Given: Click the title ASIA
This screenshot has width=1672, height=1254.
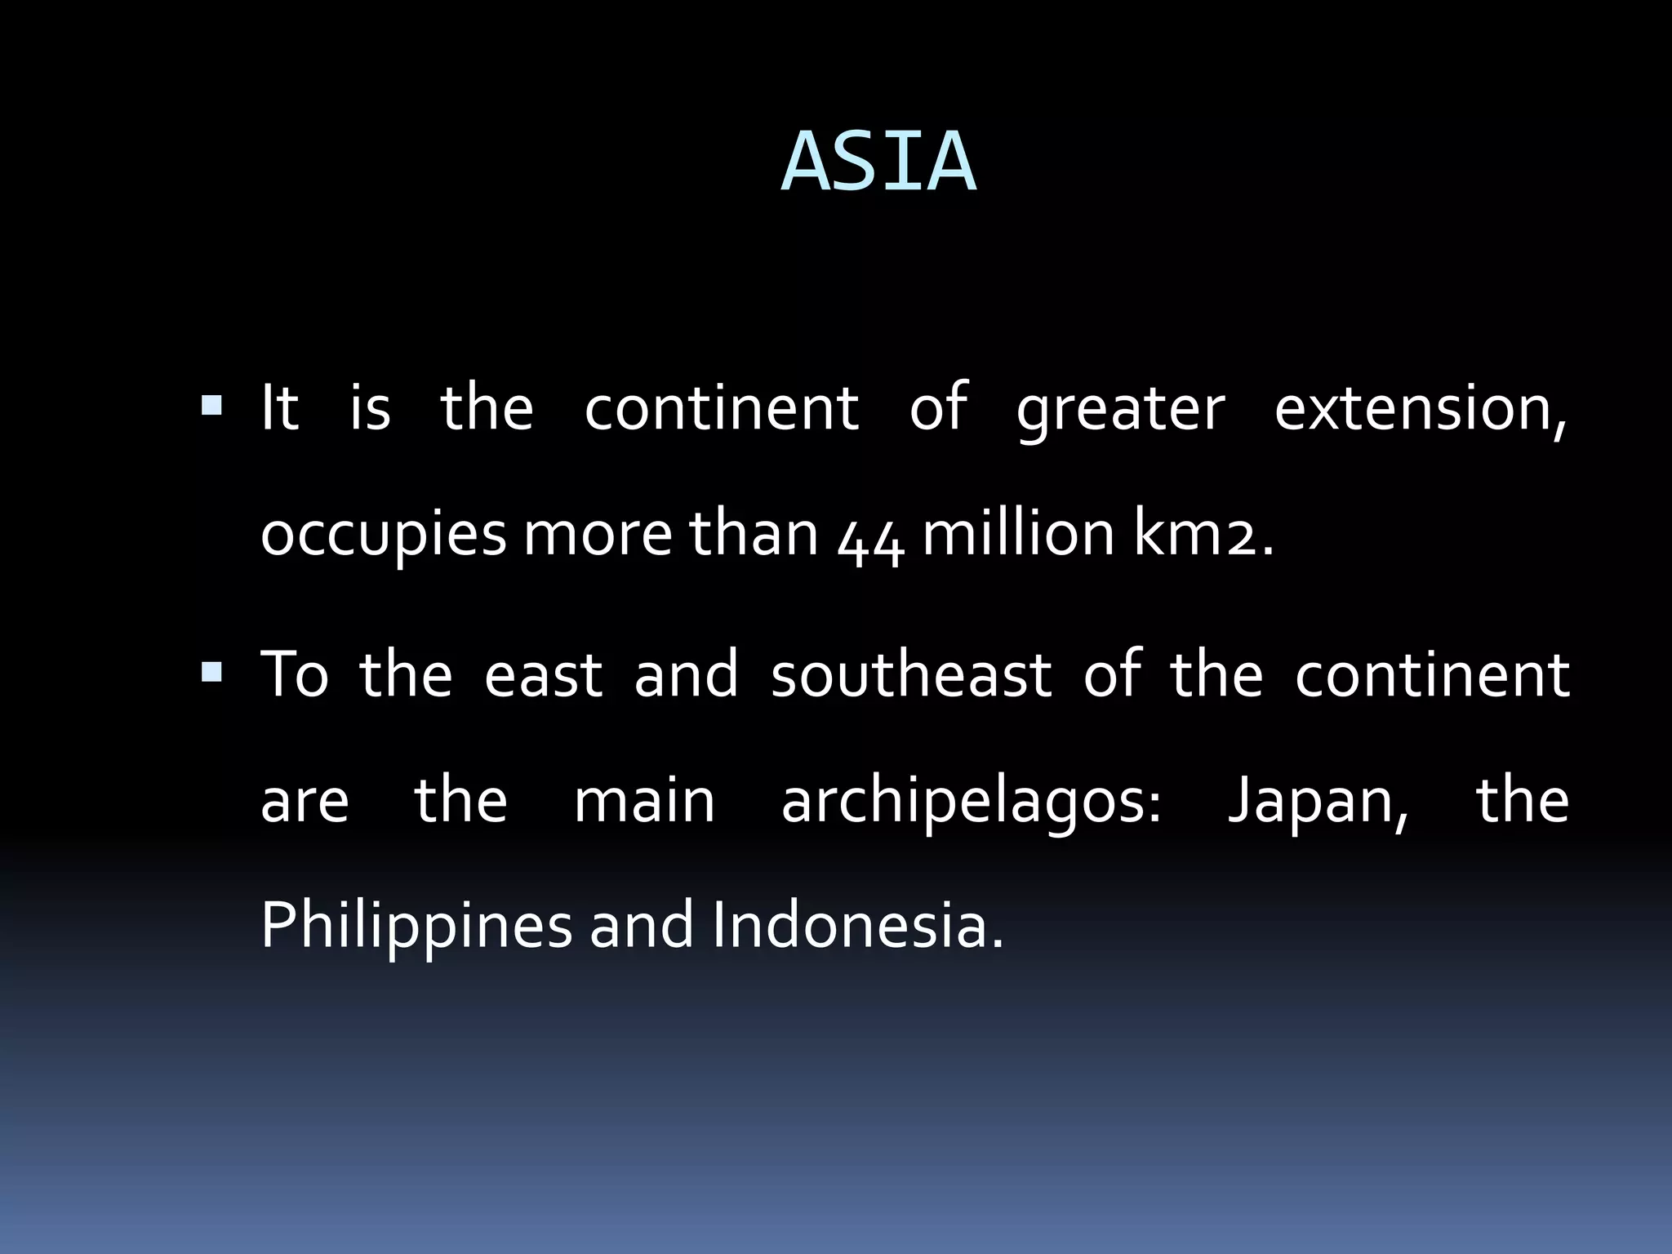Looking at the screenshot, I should pyautogui.click(x=878, y=163).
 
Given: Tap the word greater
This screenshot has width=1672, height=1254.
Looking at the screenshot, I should pyautogui.click(x=1120, y=411).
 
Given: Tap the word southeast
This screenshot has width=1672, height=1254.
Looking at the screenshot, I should pyautogui.click(x=910, y=676).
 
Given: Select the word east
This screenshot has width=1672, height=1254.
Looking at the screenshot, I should pyautogui.click(x=543, y=677).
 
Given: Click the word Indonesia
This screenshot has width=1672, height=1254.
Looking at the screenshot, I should pyautogui.click(x=856, y=926).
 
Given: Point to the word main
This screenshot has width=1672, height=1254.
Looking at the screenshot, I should pyautogui.click(x=644, y=802).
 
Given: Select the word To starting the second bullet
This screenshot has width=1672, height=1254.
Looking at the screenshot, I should pyautogui.click(x=294, y=675).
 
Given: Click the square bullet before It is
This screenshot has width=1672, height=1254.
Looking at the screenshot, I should pyautogui.click(x=211, y=405).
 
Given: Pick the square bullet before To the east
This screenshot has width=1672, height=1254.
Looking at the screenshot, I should pyautogui.click(x=211, y=673).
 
